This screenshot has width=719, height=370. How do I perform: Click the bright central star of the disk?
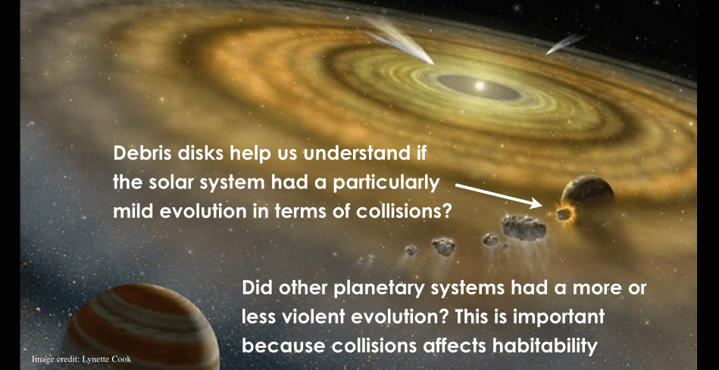480,86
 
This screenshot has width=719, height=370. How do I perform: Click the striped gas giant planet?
142,327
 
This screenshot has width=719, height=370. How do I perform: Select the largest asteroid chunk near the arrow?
524,228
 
